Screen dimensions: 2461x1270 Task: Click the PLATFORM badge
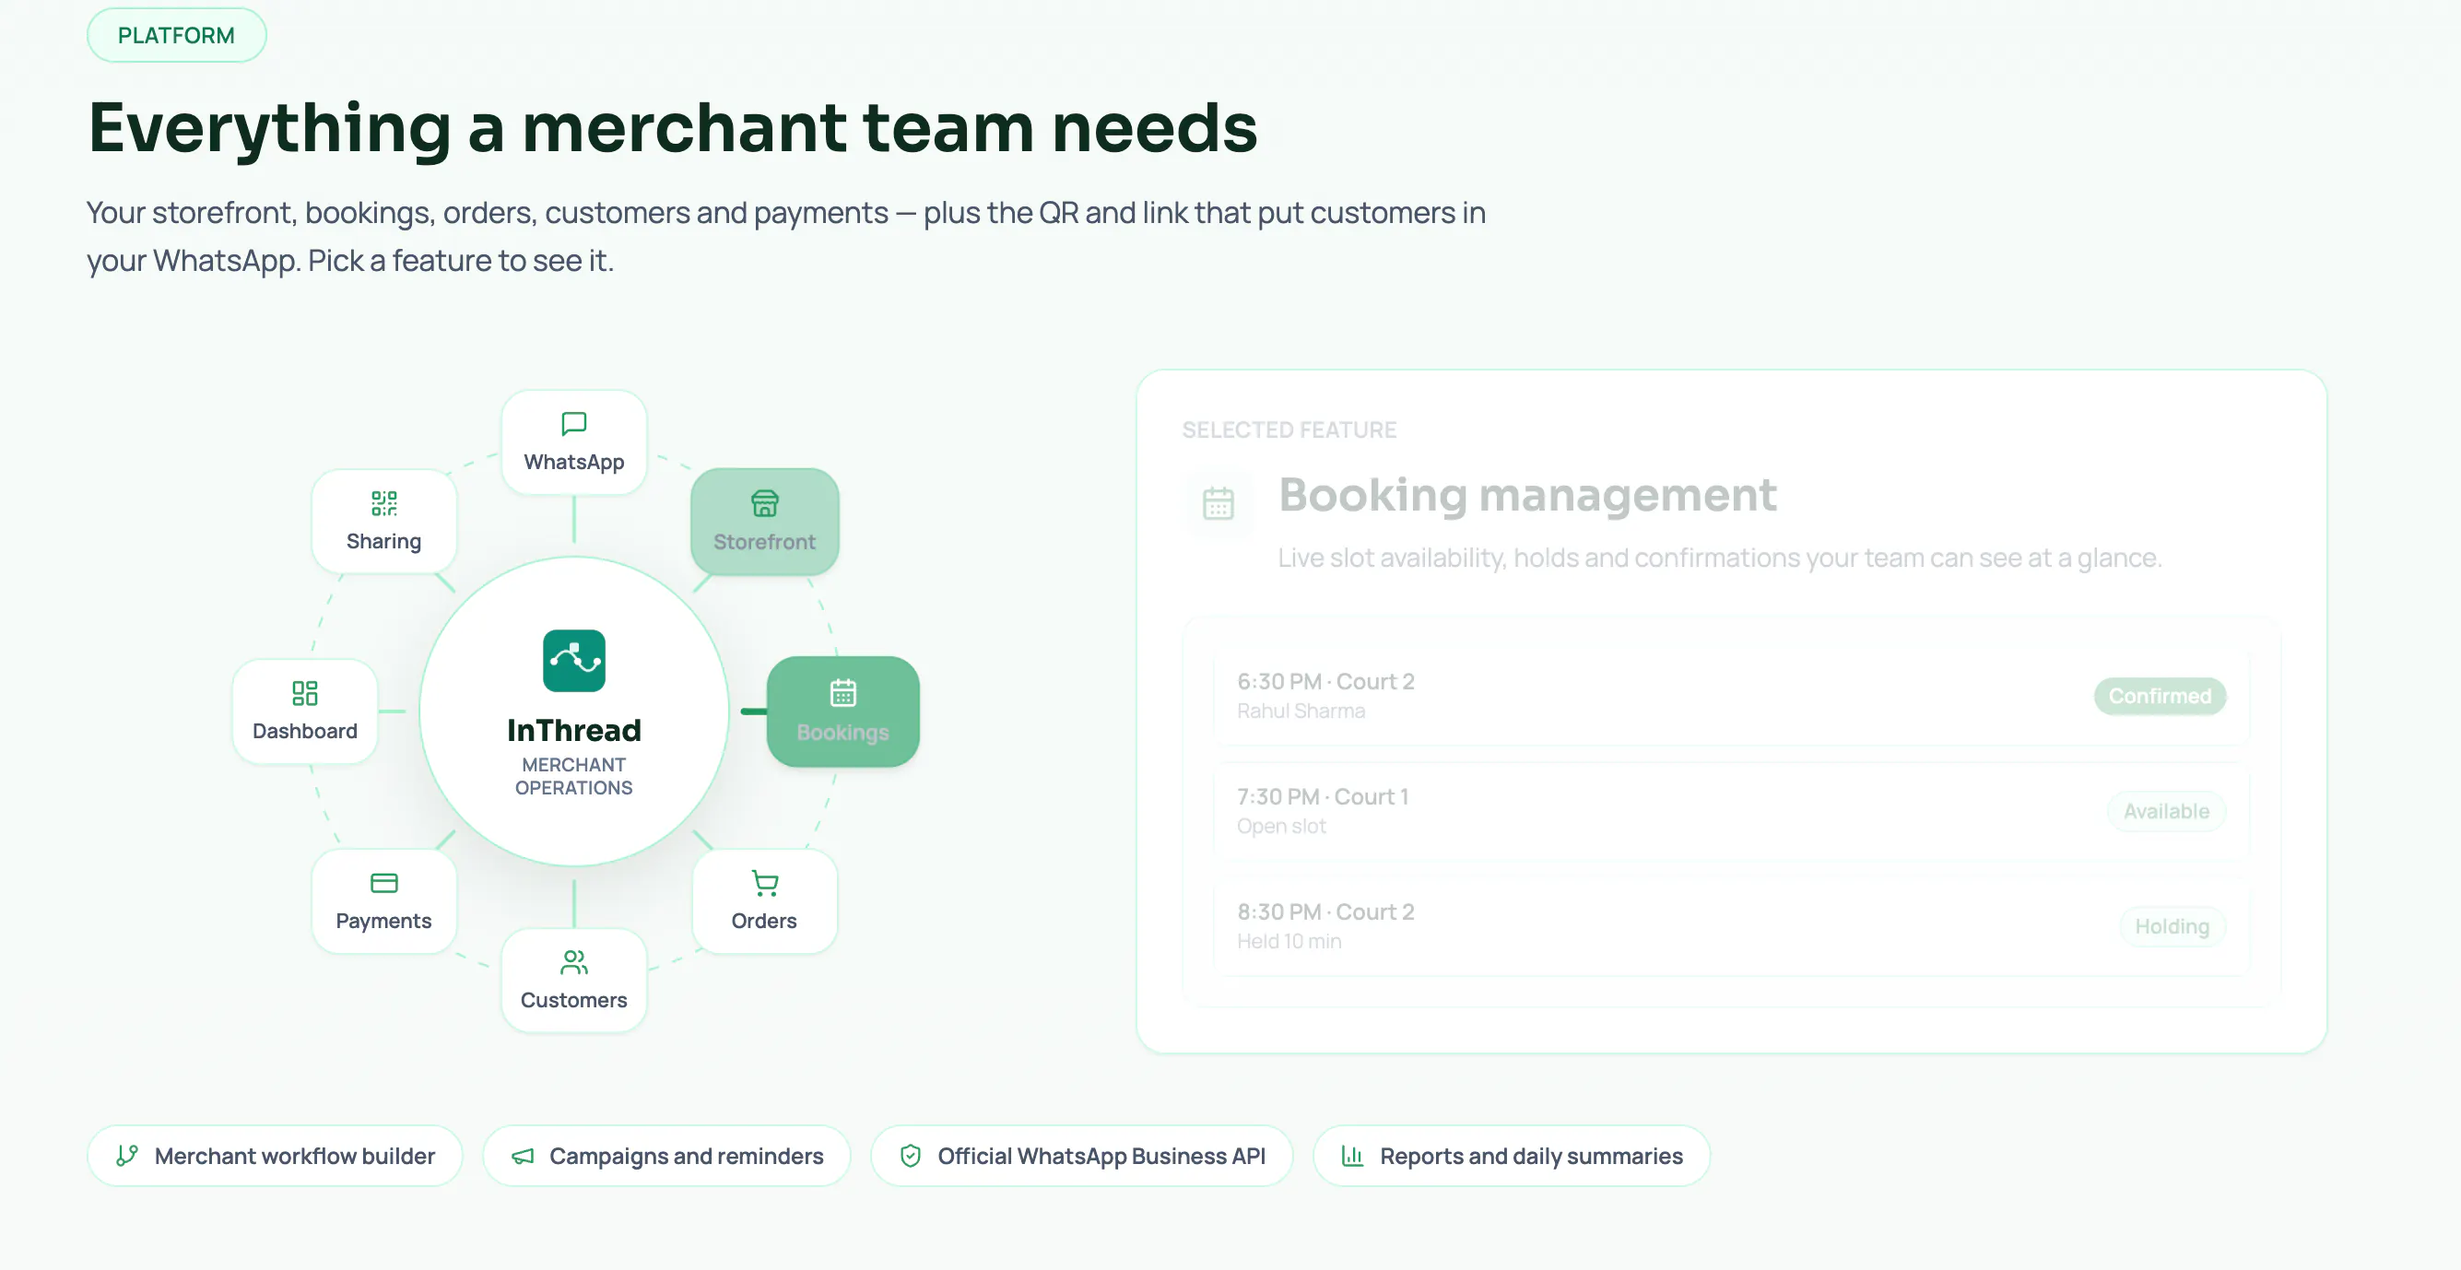(177, 35)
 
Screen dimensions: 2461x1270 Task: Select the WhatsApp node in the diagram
(574, 442)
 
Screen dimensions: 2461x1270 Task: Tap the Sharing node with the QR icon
(384, 521)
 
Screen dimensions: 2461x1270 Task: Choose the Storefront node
(764, 522)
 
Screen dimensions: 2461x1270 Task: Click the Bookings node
(842, 711)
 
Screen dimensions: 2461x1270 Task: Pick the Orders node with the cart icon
(764, 901)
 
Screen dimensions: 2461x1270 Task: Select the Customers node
(574, 981)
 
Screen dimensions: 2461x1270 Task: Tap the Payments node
(384, 901)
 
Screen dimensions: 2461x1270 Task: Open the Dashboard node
(305, 711)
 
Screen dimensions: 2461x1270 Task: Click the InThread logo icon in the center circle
(574, 660)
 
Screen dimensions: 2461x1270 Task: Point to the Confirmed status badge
(2161, 696)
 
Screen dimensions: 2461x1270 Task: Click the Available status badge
(2167, 811)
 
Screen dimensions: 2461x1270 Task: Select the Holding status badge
(2173, 926)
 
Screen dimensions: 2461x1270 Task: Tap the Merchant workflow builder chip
(276, 1157)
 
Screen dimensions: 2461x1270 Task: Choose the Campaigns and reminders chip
(666, 1157)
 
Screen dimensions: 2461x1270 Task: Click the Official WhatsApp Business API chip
(1082, 1157)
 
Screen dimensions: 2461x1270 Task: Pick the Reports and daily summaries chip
(1512, 1157)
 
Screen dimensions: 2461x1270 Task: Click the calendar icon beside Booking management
(1219, 503)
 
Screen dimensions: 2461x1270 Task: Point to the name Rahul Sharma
(1301, 711)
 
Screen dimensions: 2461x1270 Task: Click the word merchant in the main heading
(684, 127)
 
